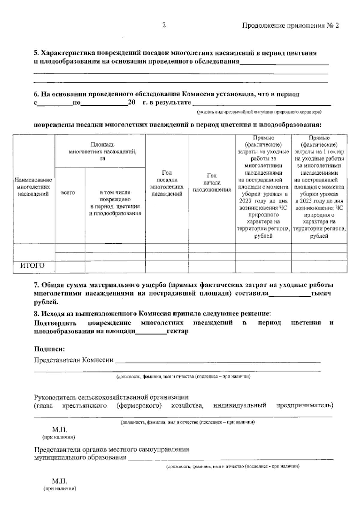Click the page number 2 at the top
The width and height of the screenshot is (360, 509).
coord(164,25)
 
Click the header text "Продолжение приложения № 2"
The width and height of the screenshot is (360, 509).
coord(290,26)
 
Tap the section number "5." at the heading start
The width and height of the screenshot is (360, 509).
coord(36,53)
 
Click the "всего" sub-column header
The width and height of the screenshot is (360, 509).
coord(68,193)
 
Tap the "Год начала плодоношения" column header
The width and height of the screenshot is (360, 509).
coord(211,182)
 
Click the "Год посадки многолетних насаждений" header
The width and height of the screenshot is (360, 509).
coord(166,183)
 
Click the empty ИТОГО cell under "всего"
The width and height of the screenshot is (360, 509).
coord(70,267)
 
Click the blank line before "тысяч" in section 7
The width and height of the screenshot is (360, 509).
coord(289,294)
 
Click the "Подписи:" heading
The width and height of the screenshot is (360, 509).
coord(49,349)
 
